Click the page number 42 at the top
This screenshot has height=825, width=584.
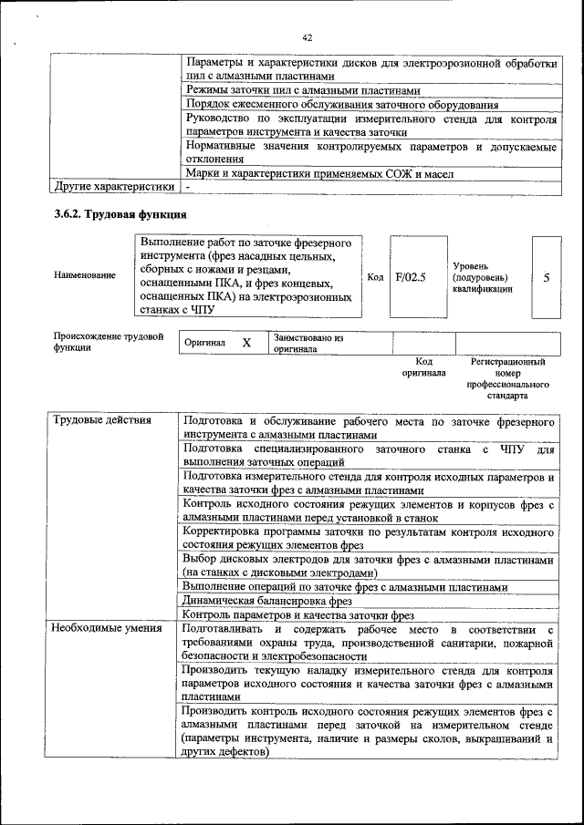307,37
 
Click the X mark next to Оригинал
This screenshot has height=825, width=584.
246,343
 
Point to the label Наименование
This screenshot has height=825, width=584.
85,275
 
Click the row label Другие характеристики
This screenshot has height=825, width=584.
114,187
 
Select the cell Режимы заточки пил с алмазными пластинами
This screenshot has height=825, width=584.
303,91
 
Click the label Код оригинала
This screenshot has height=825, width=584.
423,367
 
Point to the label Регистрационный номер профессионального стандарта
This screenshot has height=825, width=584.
507,379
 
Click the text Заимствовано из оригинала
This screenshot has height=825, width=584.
308,343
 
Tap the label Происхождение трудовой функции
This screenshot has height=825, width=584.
108,342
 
